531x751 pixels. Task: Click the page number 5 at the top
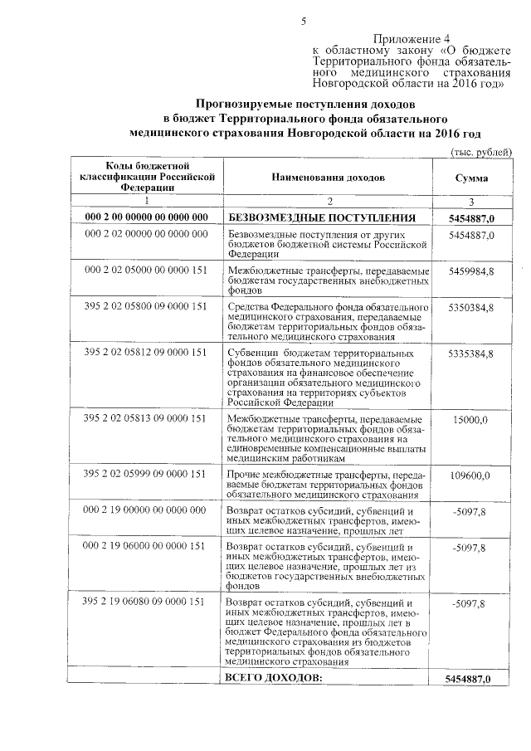pyautogui.click(x=304, y=22)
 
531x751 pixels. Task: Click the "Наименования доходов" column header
pyautogui.click(x=328, y=178)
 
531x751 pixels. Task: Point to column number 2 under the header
pyautogui.click(x=329, y=201)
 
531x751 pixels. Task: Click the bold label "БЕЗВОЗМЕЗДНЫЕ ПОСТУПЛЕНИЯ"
pyautogui.click(x=321, y=218)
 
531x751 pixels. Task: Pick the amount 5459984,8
pyautogui.click(x=471, y=271)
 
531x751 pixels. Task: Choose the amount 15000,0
pyautogui.click(x=471, y=420)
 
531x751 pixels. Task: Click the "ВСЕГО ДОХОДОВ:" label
pyautogui.click(x=273, y=678)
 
